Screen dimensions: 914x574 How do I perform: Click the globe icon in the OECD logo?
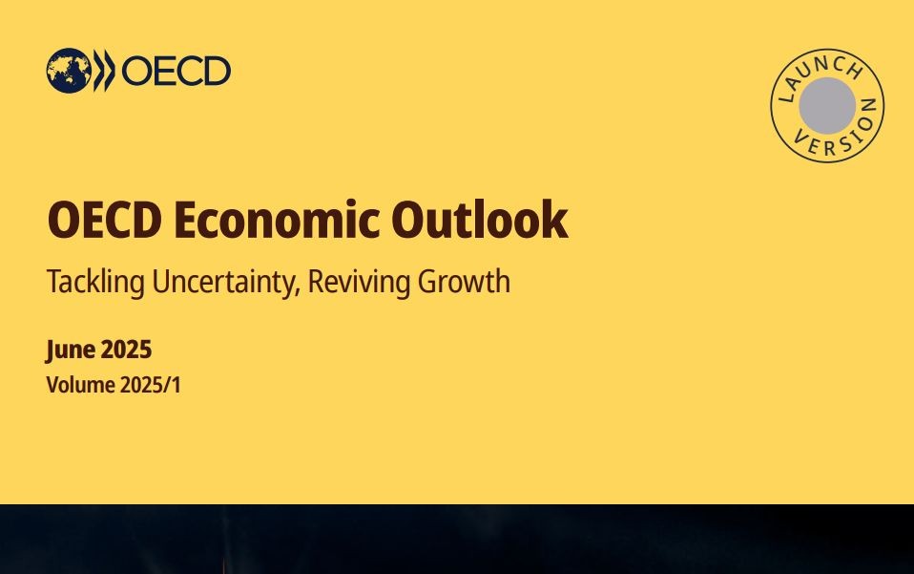point(69,71)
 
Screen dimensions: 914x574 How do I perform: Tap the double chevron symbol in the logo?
point(104,71)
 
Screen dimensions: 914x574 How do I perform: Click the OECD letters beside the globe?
point(177,71)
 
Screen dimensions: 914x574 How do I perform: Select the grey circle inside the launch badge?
point(827,106)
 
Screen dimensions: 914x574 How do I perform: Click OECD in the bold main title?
point(105,220)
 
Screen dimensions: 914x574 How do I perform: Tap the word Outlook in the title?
point(479,220)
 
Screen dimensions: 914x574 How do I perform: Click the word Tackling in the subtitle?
point(95,283)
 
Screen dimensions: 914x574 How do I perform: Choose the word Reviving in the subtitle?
point(359,283)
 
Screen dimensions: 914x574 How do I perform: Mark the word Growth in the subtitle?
point(464,281)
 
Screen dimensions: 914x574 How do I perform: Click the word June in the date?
point(70,350)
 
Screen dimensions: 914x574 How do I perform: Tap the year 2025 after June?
point(126,350)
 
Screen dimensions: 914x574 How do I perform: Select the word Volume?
point(80,385)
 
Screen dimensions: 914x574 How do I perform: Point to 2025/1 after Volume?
point(151,385)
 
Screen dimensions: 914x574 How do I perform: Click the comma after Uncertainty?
point(298,291)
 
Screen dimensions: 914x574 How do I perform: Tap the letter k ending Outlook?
point(555,219)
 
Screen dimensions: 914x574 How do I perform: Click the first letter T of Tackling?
point(54,281)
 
